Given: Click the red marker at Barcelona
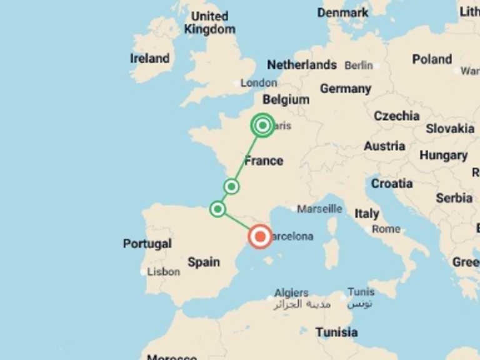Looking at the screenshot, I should tap(260, 237).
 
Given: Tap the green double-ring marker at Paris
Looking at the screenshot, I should tap(262, 126).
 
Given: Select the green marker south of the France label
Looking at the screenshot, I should tap(231, 186).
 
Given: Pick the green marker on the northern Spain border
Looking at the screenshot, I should tap(217, 209).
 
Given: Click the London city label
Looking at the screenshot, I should tap(259, 83).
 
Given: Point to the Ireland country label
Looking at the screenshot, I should tap(150, 59).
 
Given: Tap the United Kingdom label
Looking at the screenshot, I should tap(209, 22).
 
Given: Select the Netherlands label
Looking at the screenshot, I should tap(302, 65).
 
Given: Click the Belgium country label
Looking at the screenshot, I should tap(286, 99).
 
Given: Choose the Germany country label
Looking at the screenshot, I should tap(346, 89).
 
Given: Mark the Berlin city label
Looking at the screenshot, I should tap(359, 66).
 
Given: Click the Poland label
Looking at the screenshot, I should tap(432, 59).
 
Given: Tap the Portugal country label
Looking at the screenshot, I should tap(147, 243).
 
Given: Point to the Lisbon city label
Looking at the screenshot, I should tap(164, 272).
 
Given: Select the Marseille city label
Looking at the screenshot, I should tap(319, 209).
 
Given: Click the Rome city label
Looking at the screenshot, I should tap(386, 229).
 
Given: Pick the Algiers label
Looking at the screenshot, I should tap(291, 292).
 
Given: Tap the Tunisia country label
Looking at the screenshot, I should tap(337, 332).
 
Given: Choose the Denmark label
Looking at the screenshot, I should tap(342, 12).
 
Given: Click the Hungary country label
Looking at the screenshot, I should tap(443, 155).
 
